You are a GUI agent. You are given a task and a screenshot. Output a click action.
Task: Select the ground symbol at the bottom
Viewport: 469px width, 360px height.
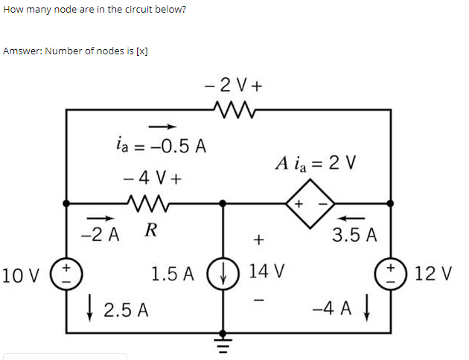[x=221, y=343]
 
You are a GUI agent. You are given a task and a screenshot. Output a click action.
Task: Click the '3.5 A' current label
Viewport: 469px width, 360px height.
[x=354, y=237]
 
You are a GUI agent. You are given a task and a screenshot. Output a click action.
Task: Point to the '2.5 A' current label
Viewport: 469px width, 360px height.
[x=126, y=309]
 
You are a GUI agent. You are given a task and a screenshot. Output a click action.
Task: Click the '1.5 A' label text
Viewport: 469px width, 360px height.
[x=173, y=274]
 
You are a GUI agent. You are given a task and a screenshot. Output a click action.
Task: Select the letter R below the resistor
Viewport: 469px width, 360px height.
[x=150, y=230]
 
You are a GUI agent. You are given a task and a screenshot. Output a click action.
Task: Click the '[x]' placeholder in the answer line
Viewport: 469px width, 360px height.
[x=141, y=51]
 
